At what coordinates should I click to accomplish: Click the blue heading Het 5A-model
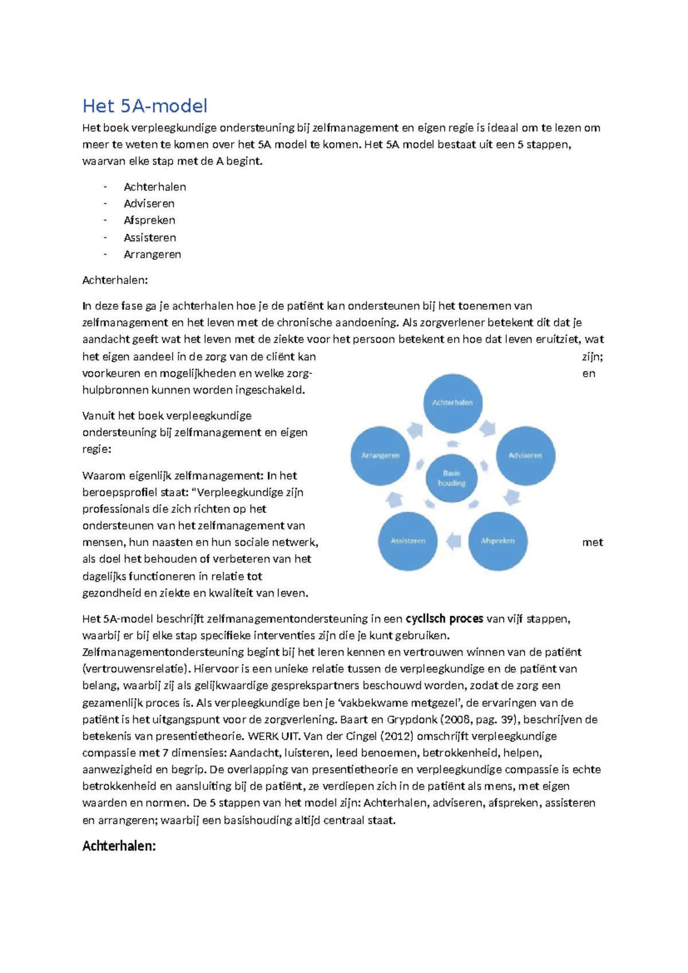point(144,106)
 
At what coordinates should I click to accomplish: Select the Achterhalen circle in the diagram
point(452,402)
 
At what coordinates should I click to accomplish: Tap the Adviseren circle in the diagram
point(525,456)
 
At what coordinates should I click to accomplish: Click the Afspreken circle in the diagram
point(497,541)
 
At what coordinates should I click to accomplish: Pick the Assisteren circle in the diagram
point(408,541)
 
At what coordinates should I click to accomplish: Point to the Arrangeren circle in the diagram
point(380,456)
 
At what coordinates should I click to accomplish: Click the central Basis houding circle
point(452,478)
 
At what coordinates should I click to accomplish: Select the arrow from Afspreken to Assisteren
point(454,541)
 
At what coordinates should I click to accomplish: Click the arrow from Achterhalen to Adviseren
point(488,428)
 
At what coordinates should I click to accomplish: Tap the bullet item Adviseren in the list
point(149,204)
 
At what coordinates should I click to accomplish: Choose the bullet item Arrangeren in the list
point(152,254)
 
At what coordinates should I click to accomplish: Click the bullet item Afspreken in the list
point(149,220)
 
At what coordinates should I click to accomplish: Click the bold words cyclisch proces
point(444,618)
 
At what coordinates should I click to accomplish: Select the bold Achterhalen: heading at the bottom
point(119,846)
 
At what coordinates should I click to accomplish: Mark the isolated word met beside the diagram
point(592,542)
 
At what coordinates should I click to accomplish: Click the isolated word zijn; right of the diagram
point(592,357)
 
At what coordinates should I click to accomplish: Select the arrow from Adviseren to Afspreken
point(512,497)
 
